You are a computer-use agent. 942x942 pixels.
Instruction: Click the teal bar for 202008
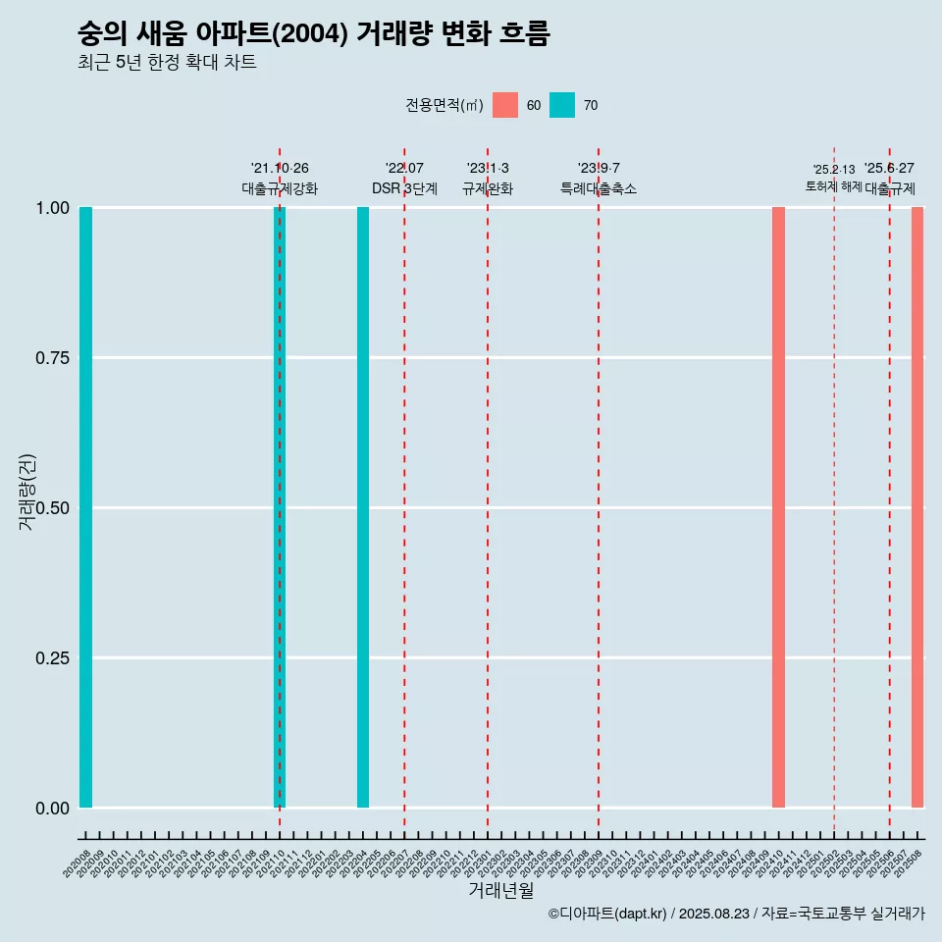85,507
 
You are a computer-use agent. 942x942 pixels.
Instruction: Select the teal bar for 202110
280,507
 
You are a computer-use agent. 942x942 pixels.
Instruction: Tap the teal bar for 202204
363,507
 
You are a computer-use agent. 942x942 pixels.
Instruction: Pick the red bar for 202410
778,507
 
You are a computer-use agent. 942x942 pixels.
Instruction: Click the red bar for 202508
917,507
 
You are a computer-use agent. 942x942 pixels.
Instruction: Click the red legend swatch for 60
505,105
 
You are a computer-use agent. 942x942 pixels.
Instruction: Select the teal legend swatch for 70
562,105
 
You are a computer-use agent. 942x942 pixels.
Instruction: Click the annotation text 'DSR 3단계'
404,188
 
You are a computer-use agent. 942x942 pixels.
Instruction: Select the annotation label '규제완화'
488,188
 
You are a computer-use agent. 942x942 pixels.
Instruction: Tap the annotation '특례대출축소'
599,188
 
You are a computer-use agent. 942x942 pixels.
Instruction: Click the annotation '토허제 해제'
834,185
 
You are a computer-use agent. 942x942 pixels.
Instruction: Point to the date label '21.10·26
280,169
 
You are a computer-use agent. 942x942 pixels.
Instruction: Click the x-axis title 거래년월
500,890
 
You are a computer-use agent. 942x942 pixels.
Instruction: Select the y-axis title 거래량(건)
27,493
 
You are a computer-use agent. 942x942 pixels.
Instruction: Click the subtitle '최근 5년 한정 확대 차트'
167,63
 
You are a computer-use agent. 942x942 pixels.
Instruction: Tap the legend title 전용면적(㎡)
444,105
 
